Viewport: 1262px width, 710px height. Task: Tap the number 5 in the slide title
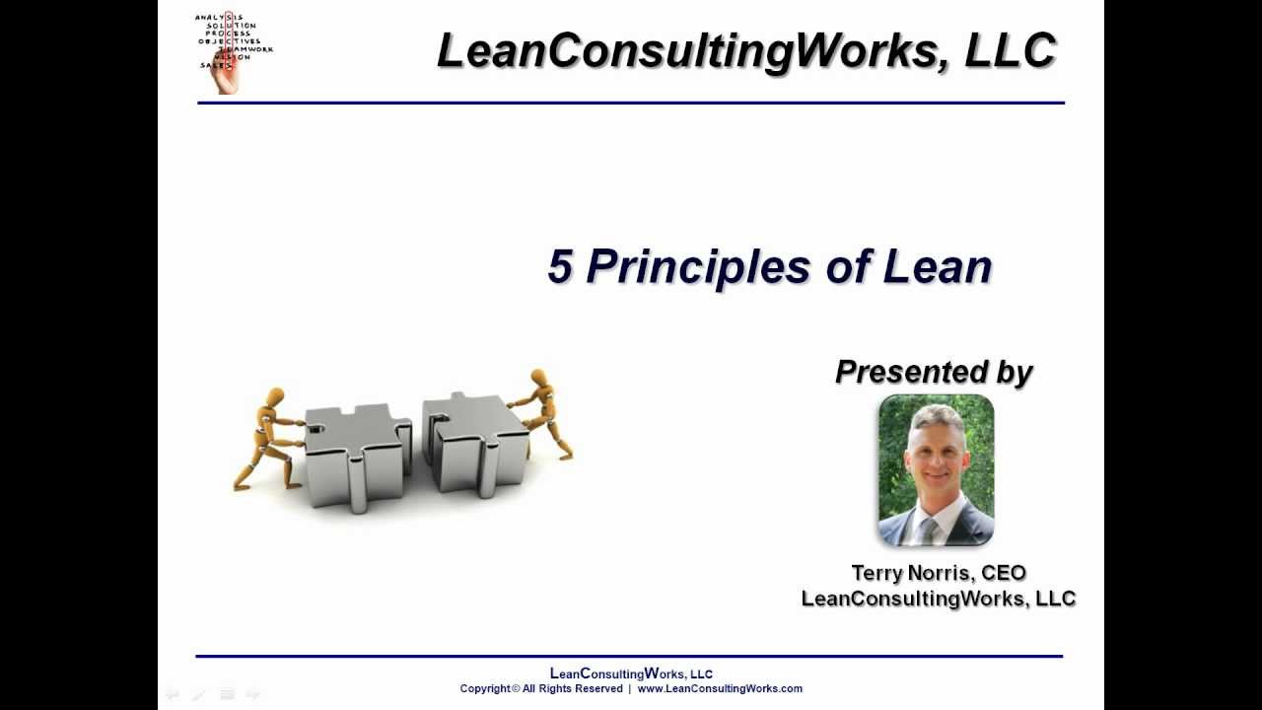point(559,267)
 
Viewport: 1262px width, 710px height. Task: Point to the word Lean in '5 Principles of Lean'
point(937,267)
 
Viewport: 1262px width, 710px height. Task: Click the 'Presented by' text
point(933,372)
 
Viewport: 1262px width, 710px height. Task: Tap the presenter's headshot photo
point(936,470)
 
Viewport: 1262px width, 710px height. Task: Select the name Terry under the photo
point(877,573)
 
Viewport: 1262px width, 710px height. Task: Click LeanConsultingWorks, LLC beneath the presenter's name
point(938,599)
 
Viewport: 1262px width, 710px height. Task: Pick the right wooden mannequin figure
point(542,414)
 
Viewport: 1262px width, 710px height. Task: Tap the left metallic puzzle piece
point(355,454)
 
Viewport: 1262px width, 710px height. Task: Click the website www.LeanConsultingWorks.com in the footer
point(720,688)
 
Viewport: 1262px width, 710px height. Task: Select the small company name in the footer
point(631,674)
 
